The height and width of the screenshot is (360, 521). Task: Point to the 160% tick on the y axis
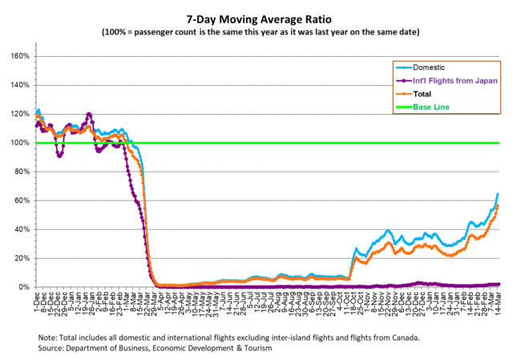click(x=20, y=56)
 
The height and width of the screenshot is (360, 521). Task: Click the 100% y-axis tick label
click(x=20, y=143)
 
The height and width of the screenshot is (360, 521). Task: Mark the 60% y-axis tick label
click(x=22, y=200)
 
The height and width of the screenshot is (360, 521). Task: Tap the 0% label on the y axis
click(x=24, y=287)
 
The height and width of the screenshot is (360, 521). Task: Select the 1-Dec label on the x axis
click(x=37, y=302)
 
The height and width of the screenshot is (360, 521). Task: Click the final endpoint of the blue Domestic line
click(x=498, y=194)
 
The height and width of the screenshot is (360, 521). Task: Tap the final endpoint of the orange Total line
click(x=498, y=206)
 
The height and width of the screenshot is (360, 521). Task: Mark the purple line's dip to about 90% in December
click(x=59, y=155)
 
